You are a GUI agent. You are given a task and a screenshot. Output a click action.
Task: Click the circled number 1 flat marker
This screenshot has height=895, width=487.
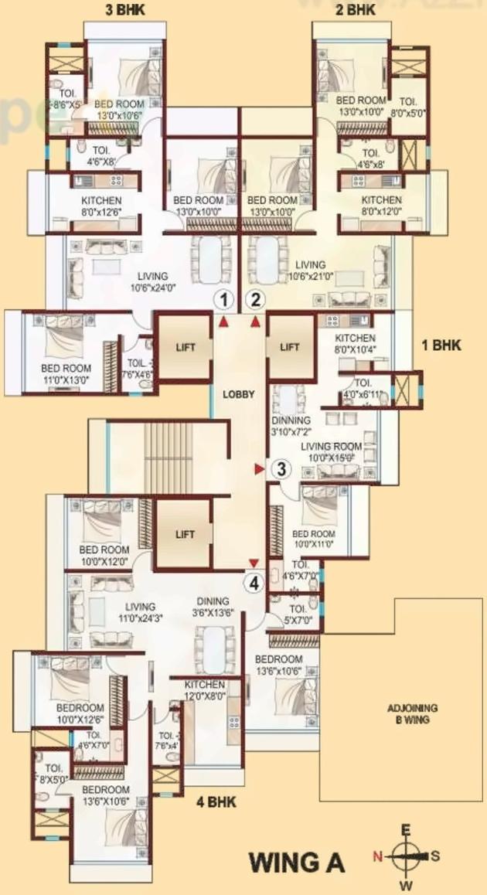(x=223, y=300)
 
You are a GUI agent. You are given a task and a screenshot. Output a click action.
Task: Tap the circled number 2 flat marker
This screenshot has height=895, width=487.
(x=256, y=300)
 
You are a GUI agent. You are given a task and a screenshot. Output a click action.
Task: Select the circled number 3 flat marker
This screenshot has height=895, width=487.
(x=281, y=468)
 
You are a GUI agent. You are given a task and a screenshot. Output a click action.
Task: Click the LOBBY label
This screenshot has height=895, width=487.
(x=239, y=393)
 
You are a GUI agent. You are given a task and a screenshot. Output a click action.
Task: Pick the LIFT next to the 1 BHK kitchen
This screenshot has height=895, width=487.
(x=290, y=347)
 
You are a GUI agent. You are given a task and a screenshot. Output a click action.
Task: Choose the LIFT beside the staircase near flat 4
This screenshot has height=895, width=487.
(x=184, y=534)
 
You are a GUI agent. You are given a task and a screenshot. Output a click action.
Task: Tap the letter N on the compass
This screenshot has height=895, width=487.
(x=379, y=856)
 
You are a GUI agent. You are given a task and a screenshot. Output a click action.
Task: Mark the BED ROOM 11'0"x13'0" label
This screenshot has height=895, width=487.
(x=66, y=374)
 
